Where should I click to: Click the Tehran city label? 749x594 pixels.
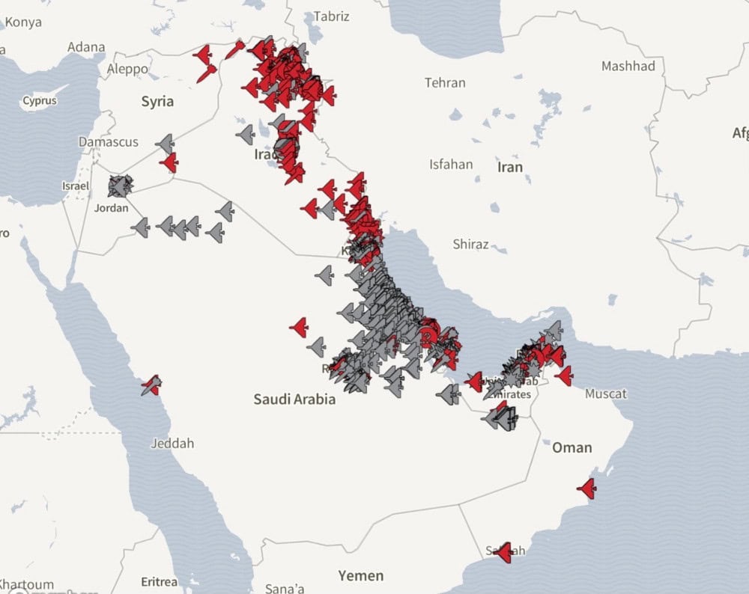click(445, 83)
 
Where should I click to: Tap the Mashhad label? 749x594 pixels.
click(628, 66)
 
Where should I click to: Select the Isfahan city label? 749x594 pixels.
click(451, 164)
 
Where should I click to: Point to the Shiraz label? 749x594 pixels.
click(470, 244)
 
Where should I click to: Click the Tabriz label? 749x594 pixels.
click(331, 16)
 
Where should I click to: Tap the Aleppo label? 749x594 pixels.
click(127, 69)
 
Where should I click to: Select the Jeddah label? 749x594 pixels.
click(172, 443)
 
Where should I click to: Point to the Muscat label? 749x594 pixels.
click(606, 394)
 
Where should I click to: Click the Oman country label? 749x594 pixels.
click(571, 447)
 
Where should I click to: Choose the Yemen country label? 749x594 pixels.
click(361, 575)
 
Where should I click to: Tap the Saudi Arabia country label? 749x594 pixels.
click(294, 399)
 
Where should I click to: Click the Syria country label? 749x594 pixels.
click(157, 102)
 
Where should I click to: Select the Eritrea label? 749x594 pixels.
click(160, 581)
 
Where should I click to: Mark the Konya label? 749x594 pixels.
click(24, 22)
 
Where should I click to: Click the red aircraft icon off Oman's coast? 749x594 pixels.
click(586, 489)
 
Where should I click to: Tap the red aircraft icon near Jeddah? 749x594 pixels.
click(151, 385)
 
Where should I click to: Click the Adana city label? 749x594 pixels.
click(86, 47)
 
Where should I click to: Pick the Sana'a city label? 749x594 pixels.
click(286, 587)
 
